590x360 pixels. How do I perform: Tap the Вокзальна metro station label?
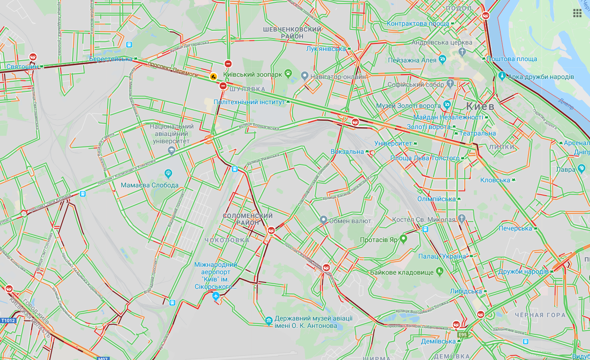coord(347,152)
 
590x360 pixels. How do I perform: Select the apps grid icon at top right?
coord(577,12)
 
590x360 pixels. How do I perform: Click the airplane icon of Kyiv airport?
coord(216,297)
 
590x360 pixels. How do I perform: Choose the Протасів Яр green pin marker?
coord(404,238)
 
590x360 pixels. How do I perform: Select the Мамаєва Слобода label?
coord(150,185)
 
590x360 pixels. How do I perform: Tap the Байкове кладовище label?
coord(402,272)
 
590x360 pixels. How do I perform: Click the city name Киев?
coord(480,107)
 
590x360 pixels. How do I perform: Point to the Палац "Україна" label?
coord(443,256)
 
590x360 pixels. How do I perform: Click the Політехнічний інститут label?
coord(249,102)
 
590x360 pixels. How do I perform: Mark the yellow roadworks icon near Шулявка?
coord(213,77)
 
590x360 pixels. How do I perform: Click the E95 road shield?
coord(462,335)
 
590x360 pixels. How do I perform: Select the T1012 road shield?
coord(8,321)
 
